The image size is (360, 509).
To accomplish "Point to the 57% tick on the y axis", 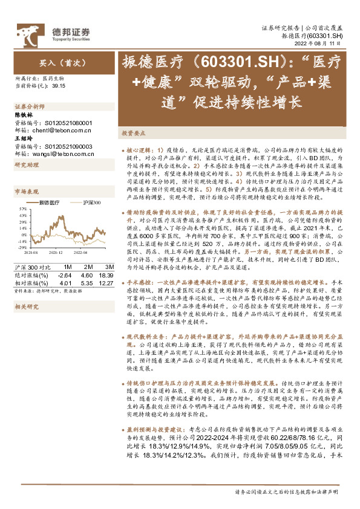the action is (21, 207).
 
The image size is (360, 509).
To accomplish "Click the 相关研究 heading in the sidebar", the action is (24, 306).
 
